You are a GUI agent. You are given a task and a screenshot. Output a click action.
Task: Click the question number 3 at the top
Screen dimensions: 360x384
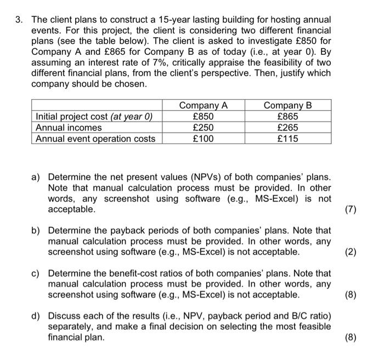19,20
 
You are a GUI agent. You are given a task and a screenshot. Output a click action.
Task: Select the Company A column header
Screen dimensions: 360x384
203,105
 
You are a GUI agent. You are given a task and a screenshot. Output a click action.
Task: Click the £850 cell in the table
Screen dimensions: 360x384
203,116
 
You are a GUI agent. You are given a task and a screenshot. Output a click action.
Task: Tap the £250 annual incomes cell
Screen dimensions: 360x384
203,127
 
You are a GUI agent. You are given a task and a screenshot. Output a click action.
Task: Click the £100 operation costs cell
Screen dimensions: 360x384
203,139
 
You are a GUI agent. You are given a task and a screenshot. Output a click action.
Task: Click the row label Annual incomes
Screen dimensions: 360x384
69,127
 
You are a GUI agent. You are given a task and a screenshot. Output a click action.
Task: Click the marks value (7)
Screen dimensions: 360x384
349,209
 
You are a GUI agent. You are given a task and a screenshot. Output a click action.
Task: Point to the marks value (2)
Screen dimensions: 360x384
349,252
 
